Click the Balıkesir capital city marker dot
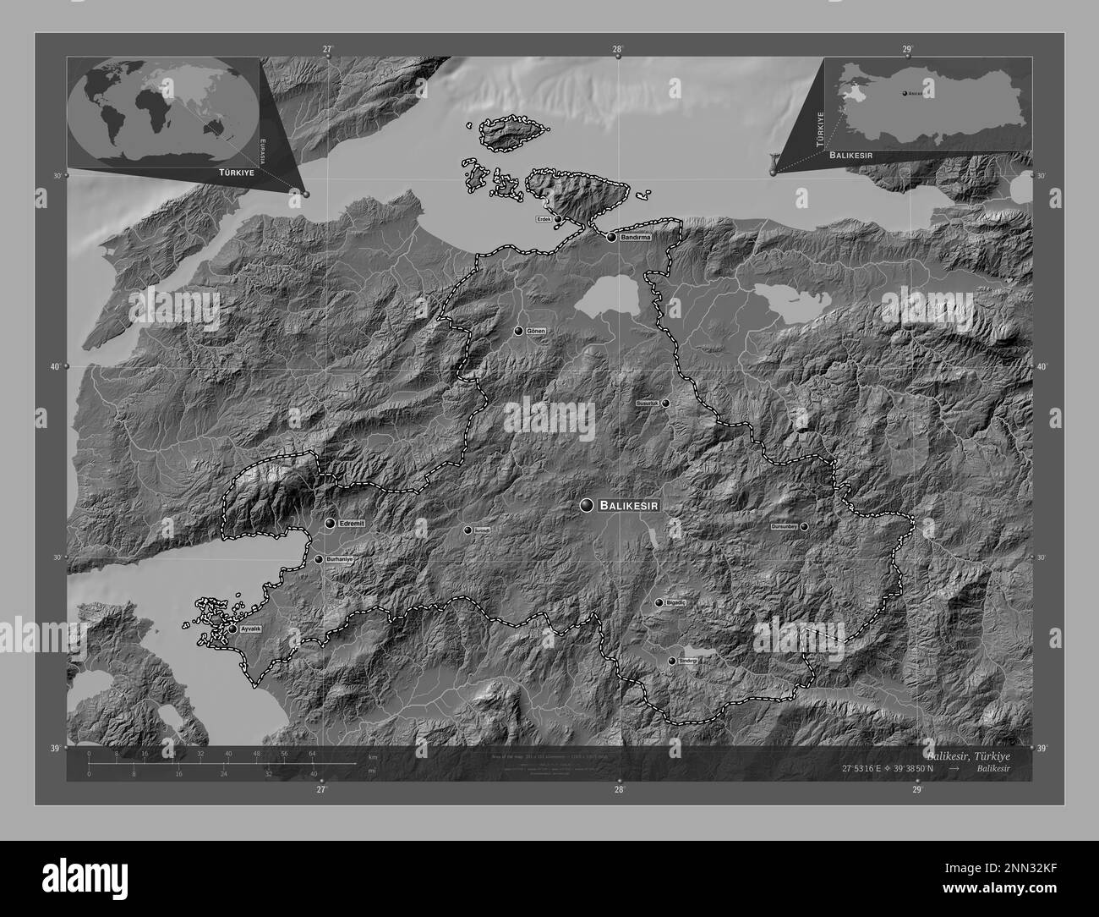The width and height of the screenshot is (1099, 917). pos(587,505)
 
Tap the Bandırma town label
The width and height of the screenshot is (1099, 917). pos(636,238)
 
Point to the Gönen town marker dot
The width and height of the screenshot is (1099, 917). pos(518,331)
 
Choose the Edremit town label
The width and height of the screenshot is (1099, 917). pos(351,524)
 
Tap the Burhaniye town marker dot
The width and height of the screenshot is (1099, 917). pos(319,559)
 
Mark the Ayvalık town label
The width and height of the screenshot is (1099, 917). pos(250,630)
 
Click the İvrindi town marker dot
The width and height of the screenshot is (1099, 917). pos(467,530)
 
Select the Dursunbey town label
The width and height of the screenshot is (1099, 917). pos(784,526)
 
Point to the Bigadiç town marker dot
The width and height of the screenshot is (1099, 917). pos(659,602)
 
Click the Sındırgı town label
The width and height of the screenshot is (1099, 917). pos(686,661)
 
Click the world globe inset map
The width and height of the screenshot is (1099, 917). pos(163,113)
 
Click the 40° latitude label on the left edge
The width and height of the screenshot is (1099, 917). pos(56,367)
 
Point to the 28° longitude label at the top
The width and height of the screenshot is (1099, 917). pos(618,49)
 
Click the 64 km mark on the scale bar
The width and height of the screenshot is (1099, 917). pos(311,753)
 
